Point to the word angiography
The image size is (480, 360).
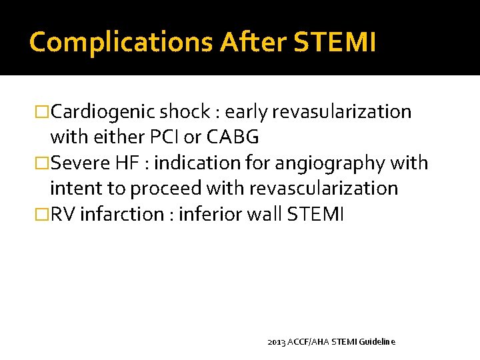tap(323, 163)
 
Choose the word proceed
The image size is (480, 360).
tap(167, 189)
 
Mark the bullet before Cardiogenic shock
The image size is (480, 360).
tap(43, 112)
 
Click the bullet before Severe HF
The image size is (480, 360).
tap(43, 163)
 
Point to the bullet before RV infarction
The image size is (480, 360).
tap(43, 215)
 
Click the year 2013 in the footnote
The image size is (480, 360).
tap(275, 341)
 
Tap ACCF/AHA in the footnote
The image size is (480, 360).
tap(308, 341)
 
